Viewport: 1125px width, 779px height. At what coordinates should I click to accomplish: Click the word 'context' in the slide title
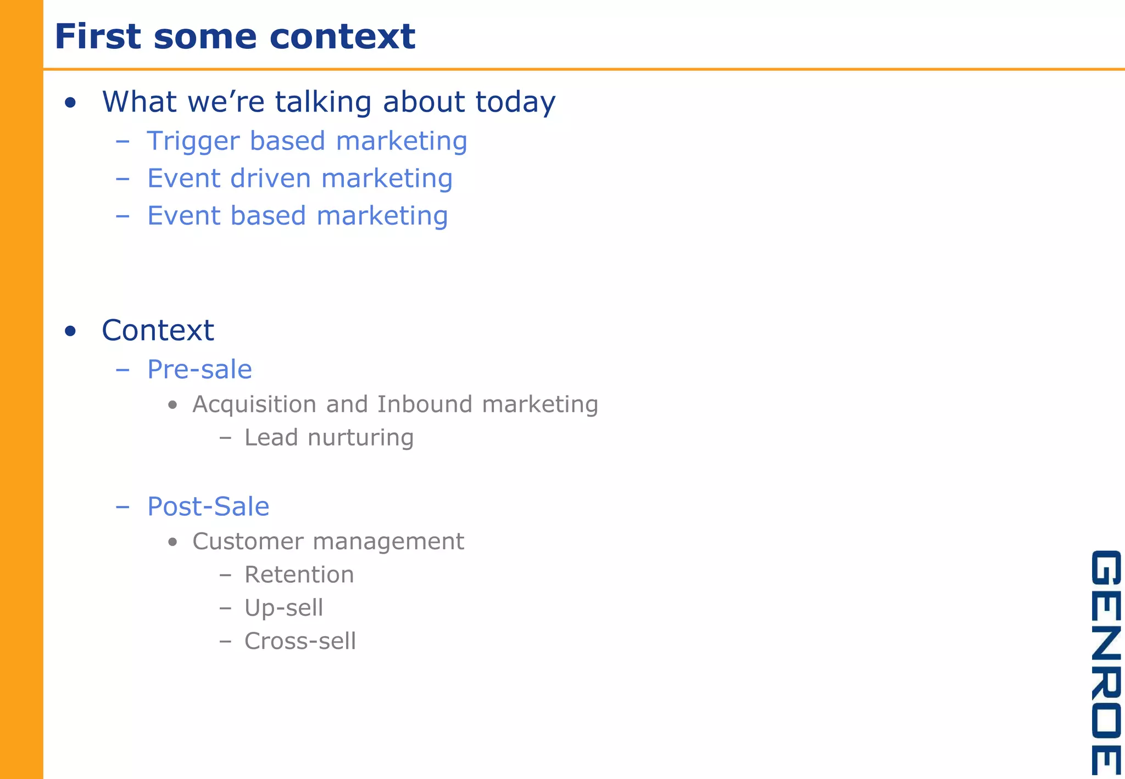[342, 37]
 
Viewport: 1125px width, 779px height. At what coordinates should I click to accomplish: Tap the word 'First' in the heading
[98, 37]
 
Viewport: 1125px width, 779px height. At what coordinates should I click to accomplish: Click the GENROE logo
[1105, 662]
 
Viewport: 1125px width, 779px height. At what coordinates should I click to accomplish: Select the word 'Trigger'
[193, 141]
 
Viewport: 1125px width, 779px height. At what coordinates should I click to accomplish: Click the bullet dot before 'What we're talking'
[70, 103]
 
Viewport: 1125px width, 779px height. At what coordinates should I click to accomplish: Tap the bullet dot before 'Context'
[70, 331]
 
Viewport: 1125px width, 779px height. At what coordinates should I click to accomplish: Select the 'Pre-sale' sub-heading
[199, 369]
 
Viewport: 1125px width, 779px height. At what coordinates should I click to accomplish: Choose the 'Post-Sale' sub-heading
[208, 507]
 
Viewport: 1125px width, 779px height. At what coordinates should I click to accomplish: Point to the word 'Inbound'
[425, 404]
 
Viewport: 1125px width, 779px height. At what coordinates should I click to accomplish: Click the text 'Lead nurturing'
[328, 438]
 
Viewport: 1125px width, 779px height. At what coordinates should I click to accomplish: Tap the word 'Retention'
[299, 575]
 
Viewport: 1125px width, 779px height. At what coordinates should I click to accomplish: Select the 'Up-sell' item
[283, 608]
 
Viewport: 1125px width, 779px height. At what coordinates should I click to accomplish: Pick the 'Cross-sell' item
[300, 641]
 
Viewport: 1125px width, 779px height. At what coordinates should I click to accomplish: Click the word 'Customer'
[248, 542]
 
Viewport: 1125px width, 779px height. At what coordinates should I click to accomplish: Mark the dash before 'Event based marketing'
[122, 216]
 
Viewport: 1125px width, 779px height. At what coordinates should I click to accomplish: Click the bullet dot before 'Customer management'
[173, 542]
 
